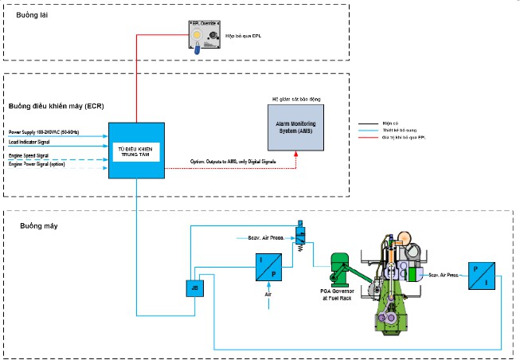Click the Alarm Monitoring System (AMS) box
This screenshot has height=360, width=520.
click(x=295, y=127)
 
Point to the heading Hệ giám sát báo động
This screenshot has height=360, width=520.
click(x=295, y=99)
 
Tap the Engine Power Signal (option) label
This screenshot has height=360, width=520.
click(x=37, y=164)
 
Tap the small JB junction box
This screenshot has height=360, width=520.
click(x=194, y=288)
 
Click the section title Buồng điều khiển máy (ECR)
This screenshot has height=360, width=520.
click(x=56, y=106)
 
